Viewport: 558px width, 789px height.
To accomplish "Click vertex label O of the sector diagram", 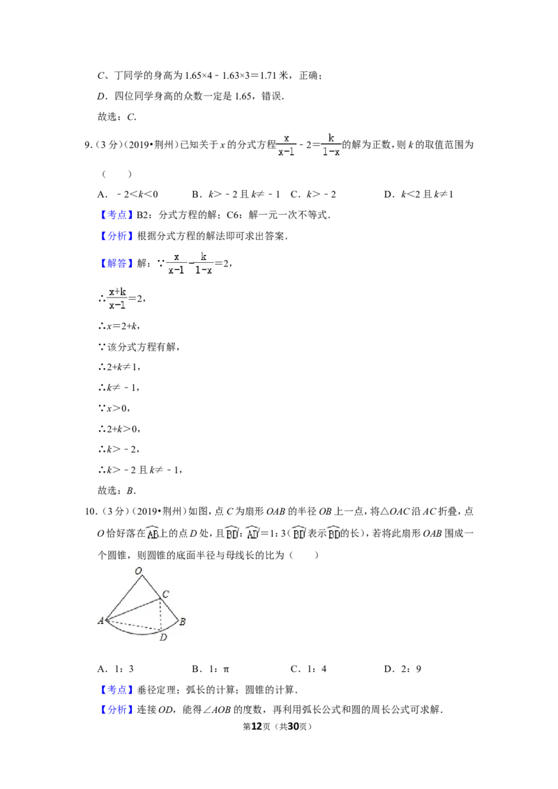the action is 139,571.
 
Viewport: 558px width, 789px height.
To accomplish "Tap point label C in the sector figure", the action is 166,594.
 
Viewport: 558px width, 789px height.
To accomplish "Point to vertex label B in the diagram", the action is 182,622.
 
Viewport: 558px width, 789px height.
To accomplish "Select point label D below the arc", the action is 163,637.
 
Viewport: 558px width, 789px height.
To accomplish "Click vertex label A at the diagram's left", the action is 100,621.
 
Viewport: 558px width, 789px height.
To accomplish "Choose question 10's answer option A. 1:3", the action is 116,668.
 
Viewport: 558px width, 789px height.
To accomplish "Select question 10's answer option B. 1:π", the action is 211,668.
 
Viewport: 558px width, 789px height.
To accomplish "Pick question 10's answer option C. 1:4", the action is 309,668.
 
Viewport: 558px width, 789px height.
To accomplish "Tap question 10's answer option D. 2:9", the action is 403,668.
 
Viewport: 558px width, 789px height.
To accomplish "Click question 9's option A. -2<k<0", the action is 128,194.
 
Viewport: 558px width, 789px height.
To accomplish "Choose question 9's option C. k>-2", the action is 313,194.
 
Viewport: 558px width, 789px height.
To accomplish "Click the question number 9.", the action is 88,145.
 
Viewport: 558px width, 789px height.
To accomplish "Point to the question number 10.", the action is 90,511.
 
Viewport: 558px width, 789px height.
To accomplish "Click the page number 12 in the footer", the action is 257,726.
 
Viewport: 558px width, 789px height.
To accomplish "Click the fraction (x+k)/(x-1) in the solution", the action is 117,298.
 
